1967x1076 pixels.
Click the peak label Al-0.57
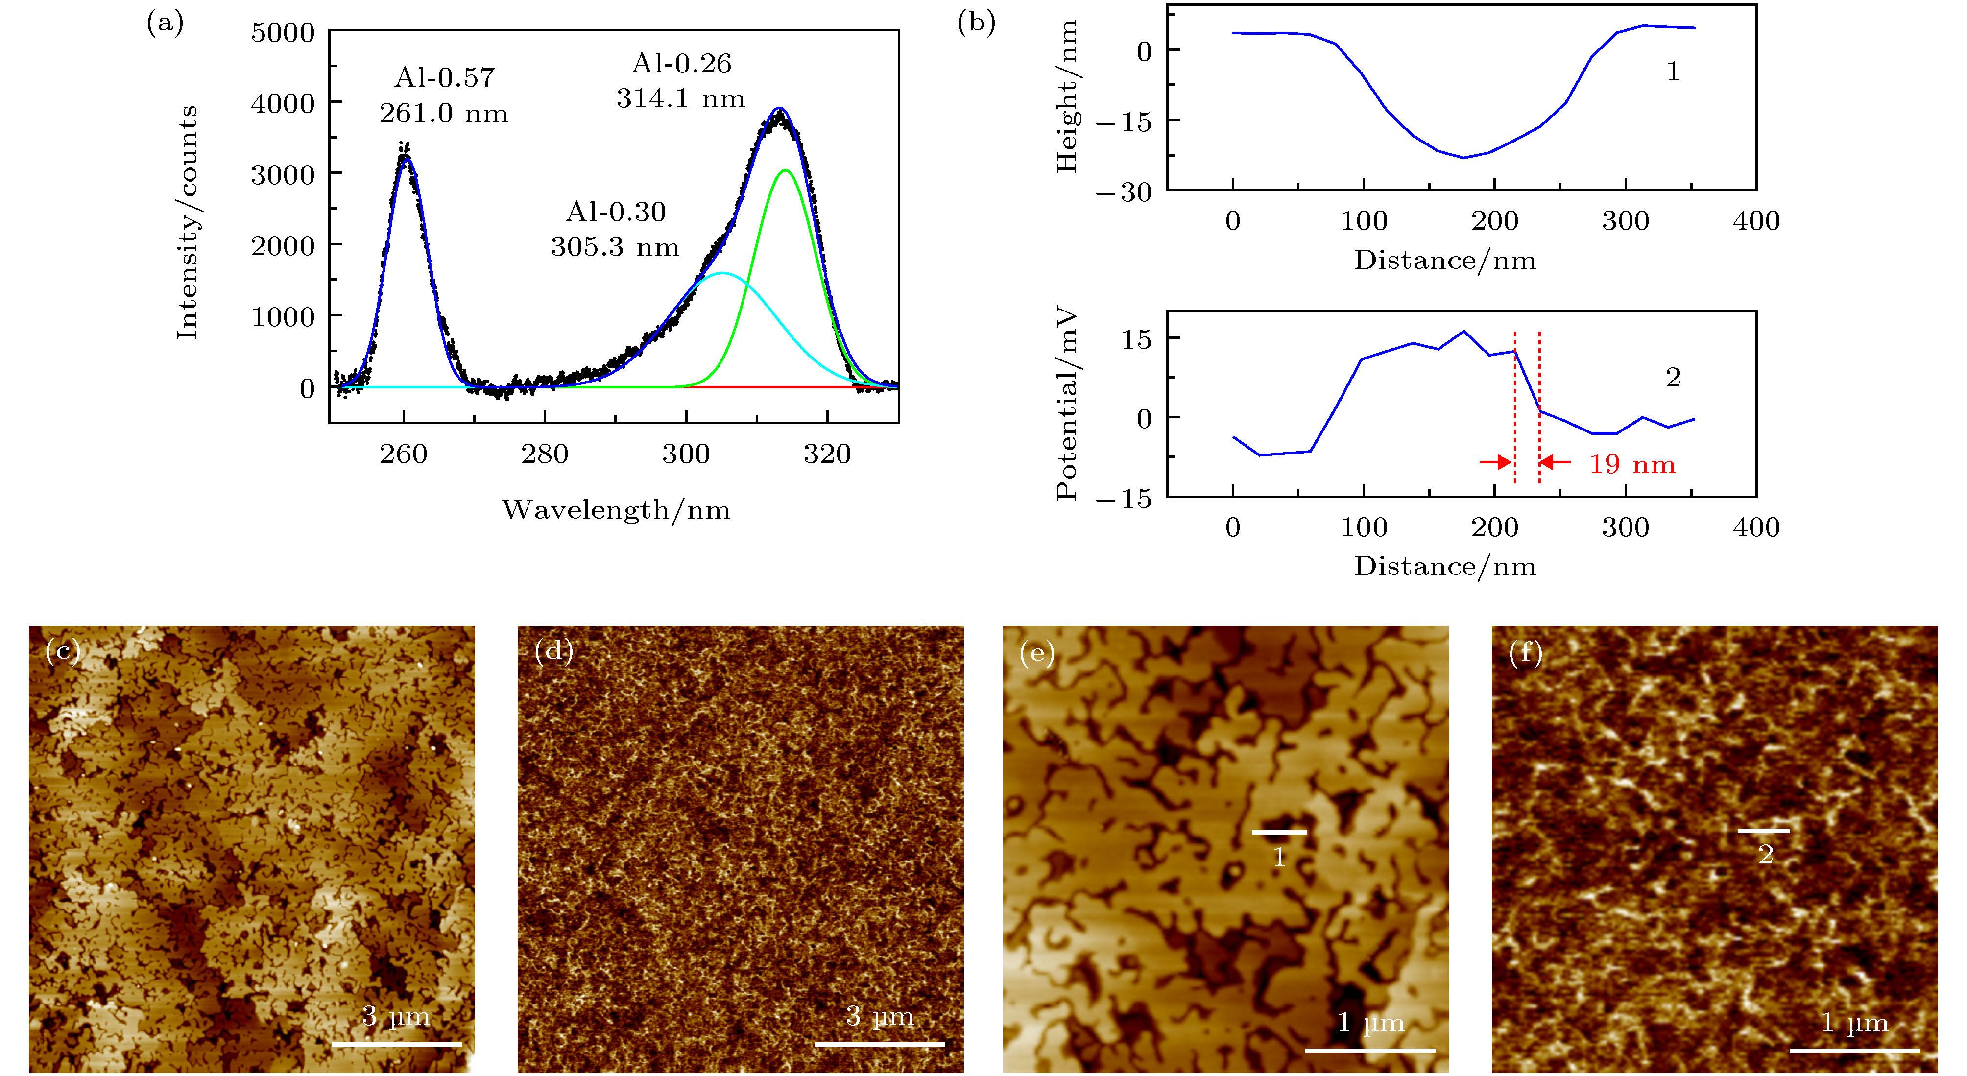coord(444,77)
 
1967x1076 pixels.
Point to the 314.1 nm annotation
coord(680,98)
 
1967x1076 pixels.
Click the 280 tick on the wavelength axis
coord(545,454)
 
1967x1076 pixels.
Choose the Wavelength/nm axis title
coord(616,509)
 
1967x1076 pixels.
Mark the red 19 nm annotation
coord(1632,464)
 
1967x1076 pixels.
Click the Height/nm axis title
coord(1066,97)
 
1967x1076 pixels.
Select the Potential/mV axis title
coord(1066,404)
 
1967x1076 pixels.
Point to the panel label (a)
coord(165,24)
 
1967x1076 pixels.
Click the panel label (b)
coord(976,23)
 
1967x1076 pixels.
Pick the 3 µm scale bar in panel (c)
coord(396,1043)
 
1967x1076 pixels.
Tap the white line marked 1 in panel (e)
coord(1279,832)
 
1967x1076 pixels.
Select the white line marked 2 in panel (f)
coord(1764,830)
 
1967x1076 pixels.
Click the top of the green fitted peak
coord(785,170)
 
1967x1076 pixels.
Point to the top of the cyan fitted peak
coord(722,273)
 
